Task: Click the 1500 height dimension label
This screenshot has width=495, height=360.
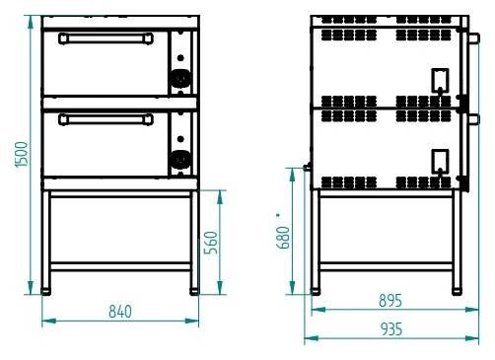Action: [22, 155]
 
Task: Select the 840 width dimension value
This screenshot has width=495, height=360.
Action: [120, 312]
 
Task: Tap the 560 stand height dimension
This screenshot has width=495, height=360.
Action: [211, 243]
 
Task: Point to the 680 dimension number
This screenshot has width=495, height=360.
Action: [283, 238]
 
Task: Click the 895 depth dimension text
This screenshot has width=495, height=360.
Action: [390, 301]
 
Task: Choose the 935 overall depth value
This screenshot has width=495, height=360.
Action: [391, 329]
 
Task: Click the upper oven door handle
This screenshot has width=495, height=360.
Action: [106, 38]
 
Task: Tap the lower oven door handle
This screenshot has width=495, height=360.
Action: [106, 119]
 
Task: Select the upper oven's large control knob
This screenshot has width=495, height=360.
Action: [180, 78]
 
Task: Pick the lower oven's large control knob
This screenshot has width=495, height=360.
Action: [180, 160]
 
